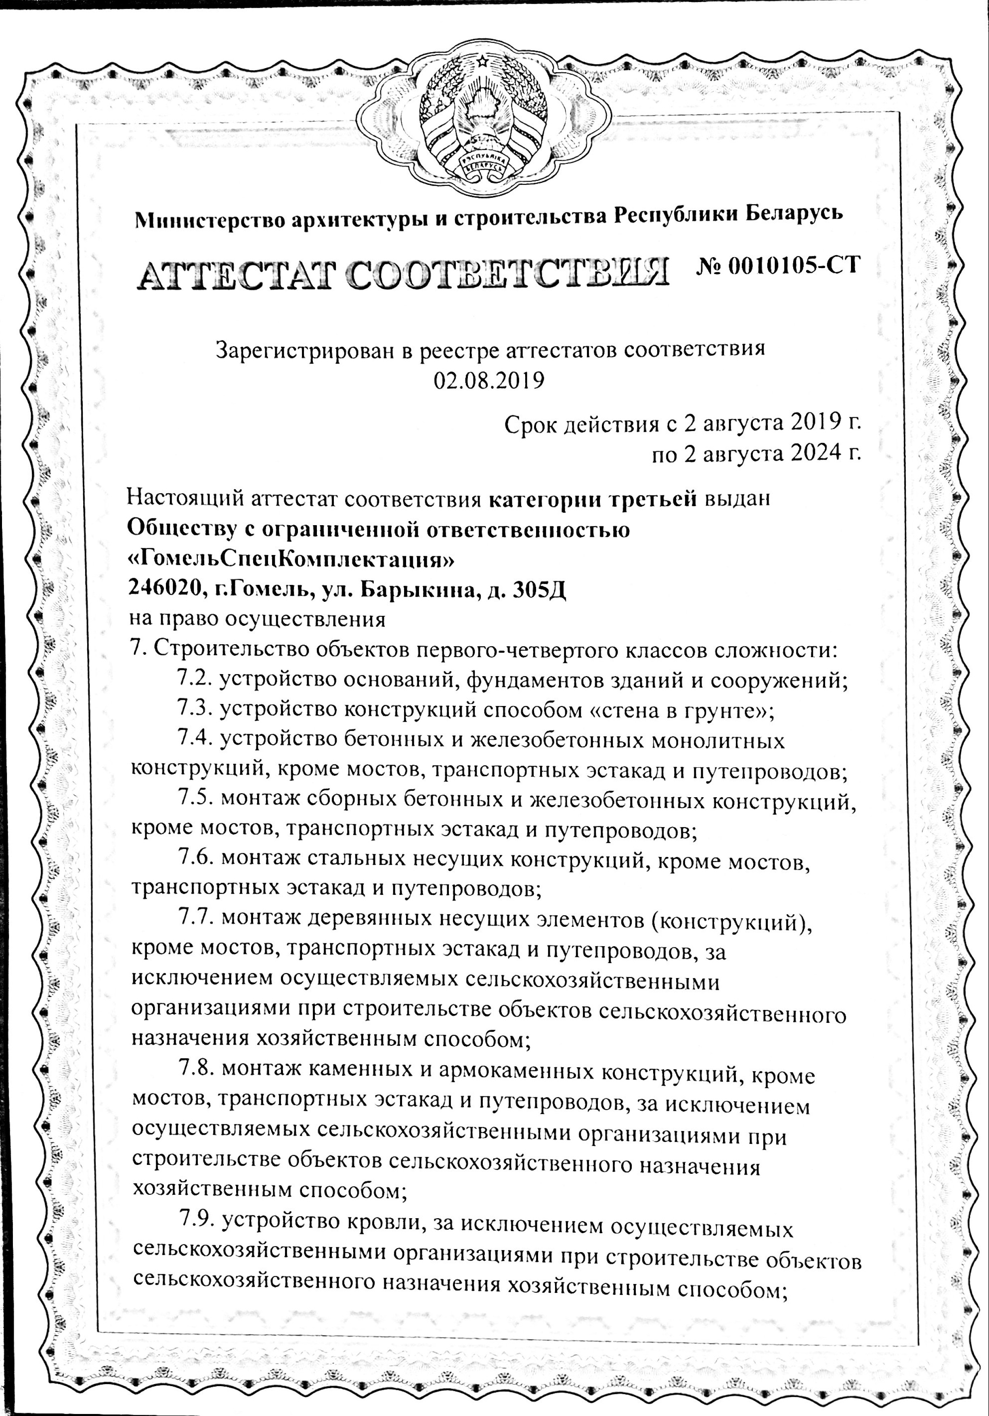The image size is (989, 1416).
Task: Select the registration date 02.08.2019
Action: [489, 381]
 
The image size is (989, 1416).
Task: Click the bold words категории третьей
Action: [592, 499]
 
